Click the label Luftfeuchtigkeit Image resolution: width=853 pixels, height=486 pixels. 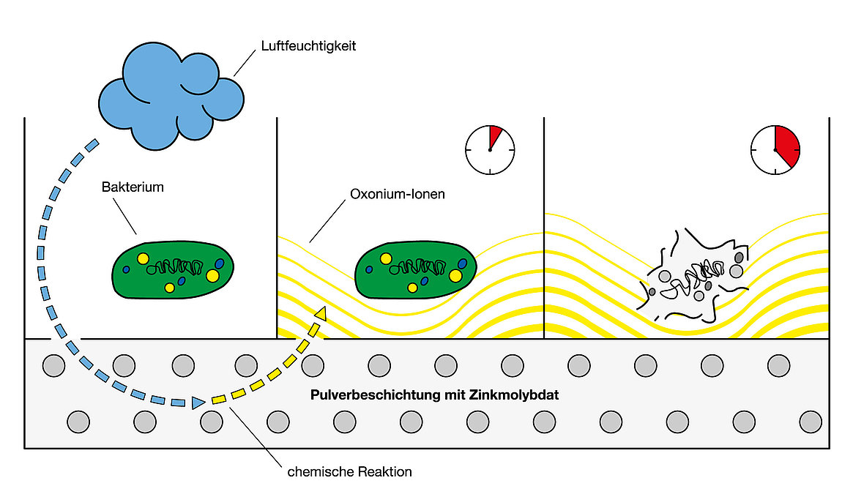pos(308,46)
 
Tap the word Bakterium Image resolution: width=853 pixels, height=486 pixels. pos(133,187)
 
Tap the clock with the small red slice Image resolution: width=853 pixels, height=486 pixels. pos(490,150)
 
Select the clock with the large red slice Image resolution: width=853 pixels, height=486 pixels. pos(775,150)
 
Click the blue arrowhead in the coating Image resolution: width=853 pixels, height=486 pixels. pos(198,402)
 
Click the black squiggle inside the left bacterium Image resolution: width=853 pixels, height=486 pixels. pos(176,266)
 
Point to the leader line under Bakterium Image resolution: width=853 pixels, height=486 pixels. pos(126,215)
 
